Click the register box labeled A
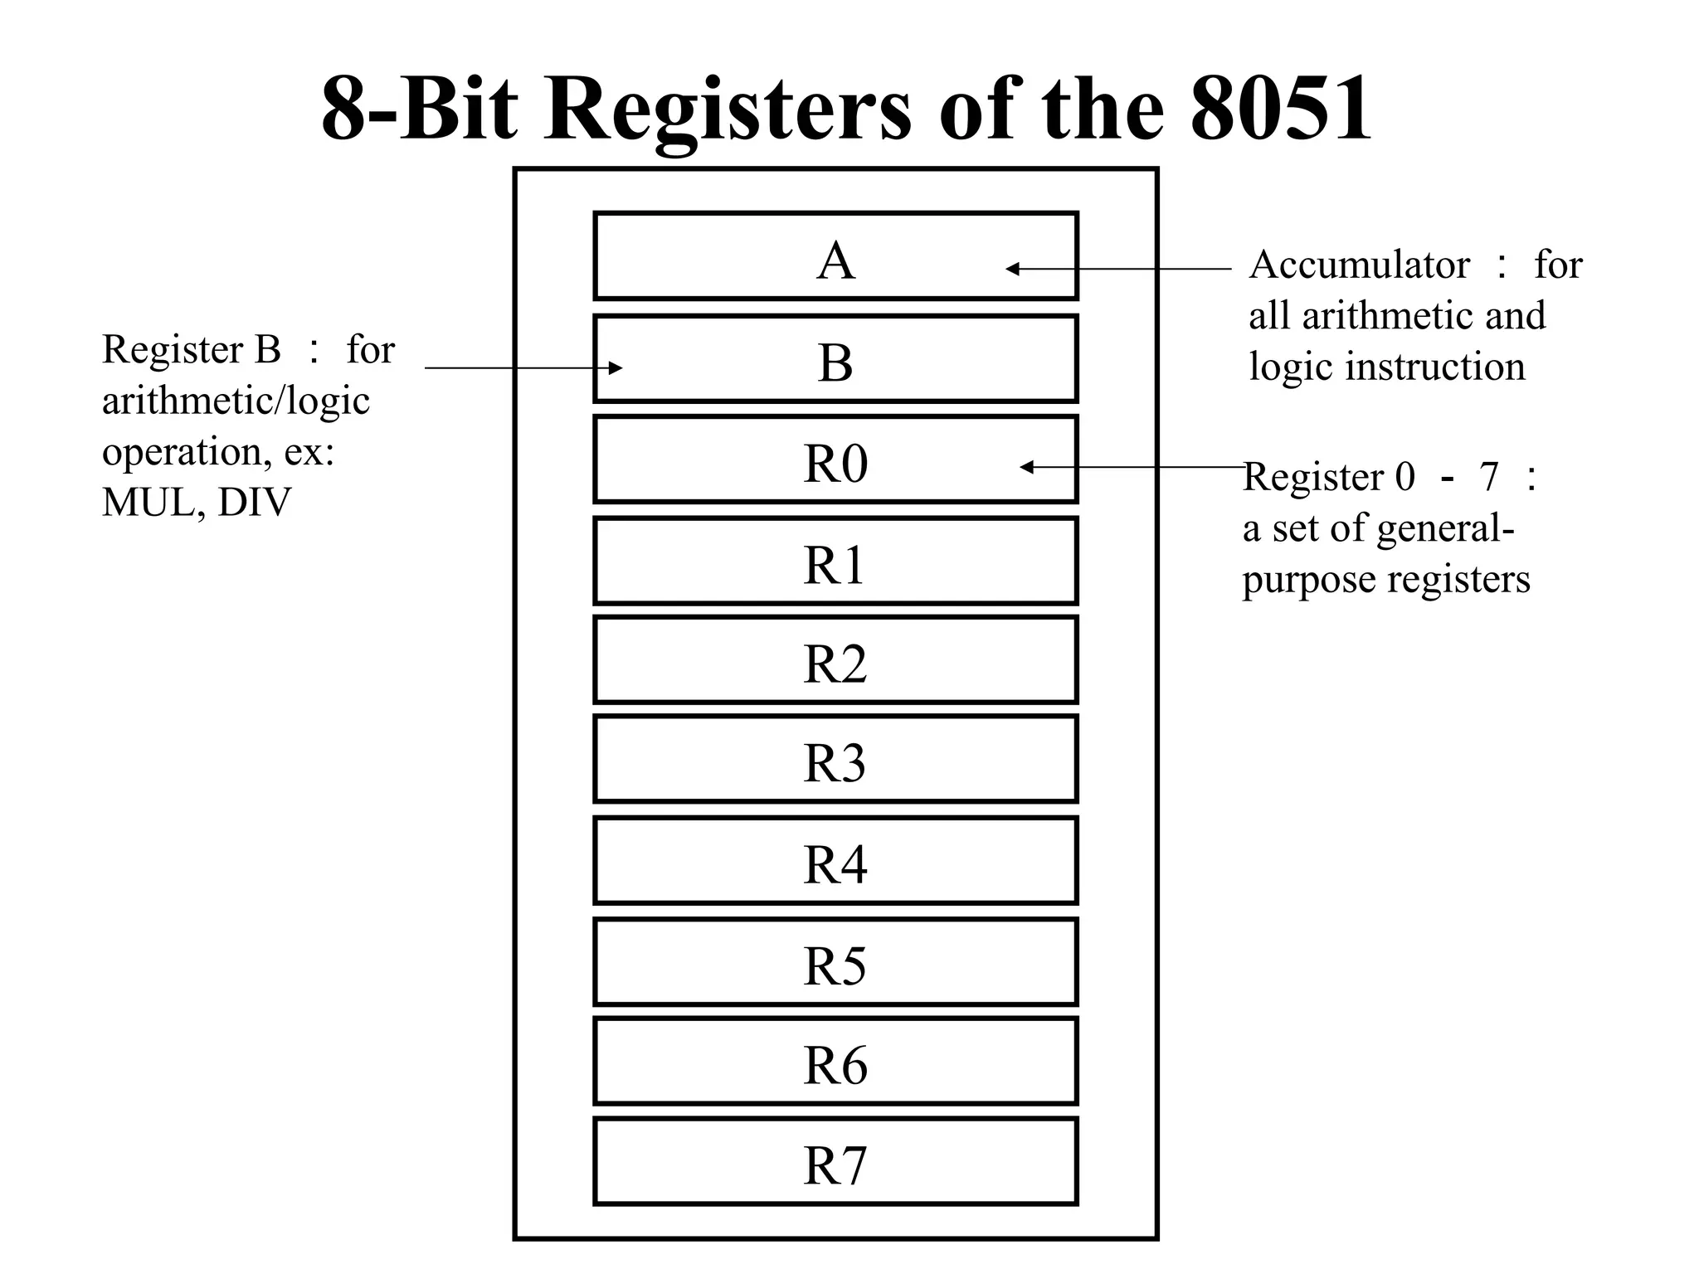(835, 255)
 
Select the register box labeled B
(835, 358)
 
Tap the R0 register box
(835, 460)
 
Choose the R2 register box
(835, 660)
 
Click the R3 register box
(835, 760)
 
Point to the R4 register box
(835, 861)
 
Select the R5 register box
(835, 962)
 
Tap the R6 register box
(835, 1062)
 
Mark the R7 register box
(835, 1161)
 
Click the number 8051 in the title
(1281, 108)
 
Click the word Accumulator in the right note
(1359, 265)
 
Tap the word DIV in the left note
(254, 502)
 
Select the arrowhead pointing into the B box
(615, 368)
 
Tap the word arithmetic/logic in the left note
(236, 401)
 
